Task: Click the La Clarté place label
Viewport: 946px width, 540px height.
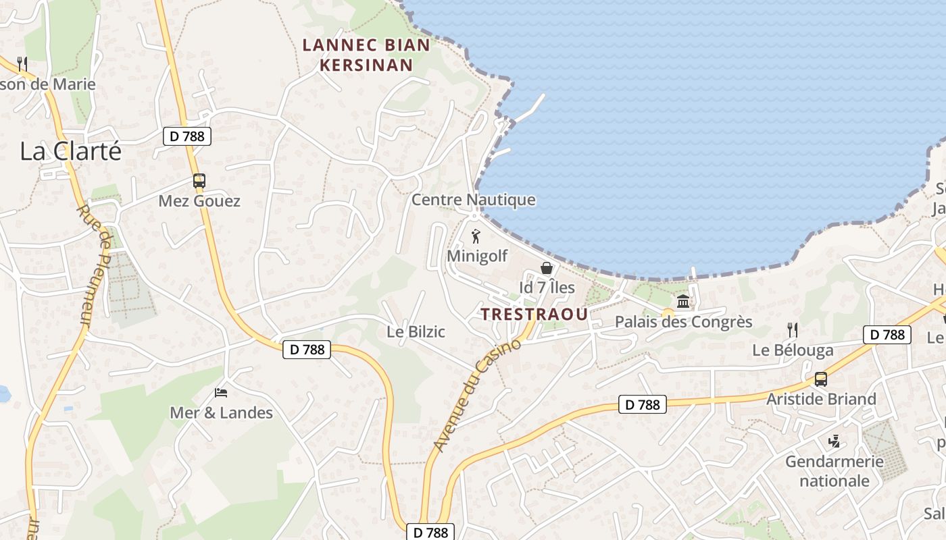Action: click(71, 151)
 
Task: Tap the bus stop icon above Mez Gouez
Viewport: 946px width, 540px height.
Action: click(199, 181)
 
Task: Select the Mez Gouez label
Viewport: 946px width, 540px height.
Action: click(199, 201)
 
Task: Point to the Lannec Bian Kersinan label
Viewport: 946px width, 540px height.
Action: click(366, 55)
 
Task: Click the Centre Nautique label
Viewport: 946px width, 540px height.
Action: click(473, 200)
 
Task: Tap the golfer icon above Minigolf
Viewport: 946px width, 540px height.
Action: click(476, 237)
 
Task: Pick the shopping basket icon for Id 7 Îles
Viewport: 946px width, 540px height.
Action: click(547, 268)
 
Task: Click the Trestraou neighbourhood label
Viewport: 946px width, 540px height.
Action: click(534, 314)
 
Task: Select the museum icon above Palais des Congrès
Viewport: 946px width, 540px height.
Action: click(683, 301)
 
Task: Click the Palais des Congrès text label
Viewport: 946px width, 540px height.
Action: click(683, 322)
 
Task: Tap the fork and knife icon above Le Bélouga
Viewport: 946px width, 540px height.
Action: click(793, 329)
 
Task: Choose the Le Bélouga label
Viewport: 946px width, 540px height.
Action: click(793, 350)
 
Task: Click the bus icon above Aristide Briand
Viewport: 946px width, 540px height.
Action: click(821, 379)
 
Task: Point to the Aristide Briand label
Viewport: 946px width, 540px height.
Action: click(821, 399)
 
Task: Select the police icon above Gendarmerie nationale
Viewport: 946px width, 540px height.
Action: click(835, 442)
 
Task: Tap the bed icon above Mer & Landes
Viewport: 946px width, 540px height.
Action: click(221, 392)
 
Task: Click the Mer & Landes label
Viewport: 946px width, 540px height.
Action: click(221, 412)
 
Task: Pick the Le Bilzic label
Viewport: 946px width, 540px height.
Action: click(416, 331)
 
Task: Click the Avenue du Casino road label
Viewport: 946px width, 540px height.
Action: click(477, 396)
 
